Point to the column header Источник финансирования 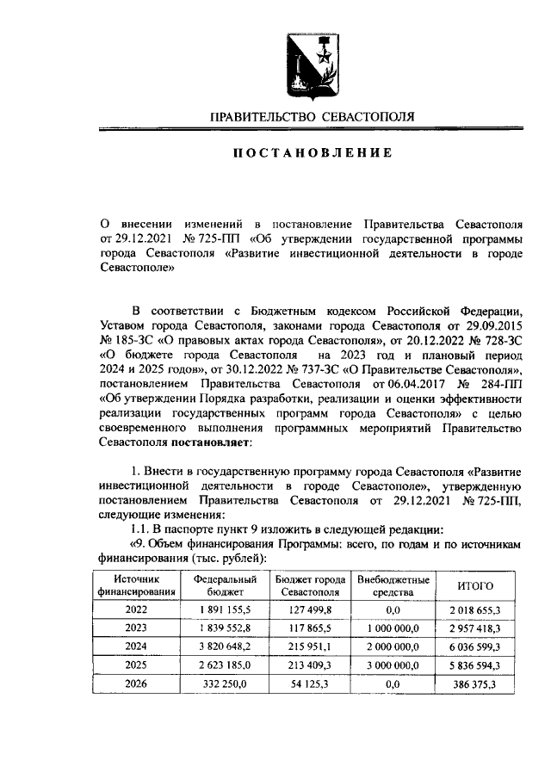tap(136, 586)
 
